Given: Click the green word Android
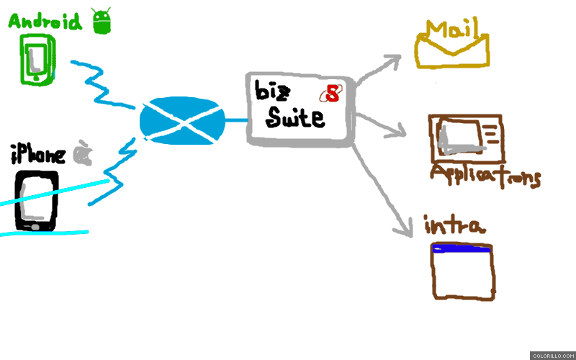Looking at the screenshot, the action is click(45, 22).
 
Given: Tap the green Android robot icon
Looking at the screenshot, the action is click(102, 22).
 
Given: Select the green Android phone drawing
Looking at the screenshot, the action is click(37, 60).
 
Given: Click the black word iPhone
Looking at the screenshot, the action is click(38, 155).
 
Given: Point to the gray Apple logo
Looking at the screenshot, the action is click(83, 153).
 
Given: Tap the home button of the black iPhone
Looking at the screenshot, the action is click(35, 227).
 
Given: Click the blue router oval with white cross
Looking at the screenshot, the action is click(183, 121).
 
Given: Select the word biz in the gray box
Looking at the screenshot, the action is click(272, 91).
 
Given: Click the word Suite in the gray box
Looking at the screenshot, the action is click(295, 117).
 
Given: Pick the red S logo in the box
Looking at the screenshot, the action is click(331, 93).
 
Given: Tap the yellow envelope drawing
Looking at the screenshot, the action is click(452, 50).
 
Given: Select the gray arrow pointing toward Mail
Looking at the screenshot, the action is click(377, 70).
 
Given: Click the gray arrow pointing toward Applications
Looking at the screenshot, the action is click(381, 125).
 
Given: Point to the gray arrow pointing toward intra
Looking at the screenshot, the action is click(382, 191).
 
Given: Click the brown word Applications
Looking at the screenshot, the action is click(485, 176).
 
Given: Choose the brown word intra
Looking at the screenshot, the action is click(455, 225).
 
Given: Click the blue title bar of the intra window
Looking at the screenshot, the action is click(462, 248).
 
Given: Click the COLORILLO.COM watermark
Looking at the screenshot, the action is click(553, 356).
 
